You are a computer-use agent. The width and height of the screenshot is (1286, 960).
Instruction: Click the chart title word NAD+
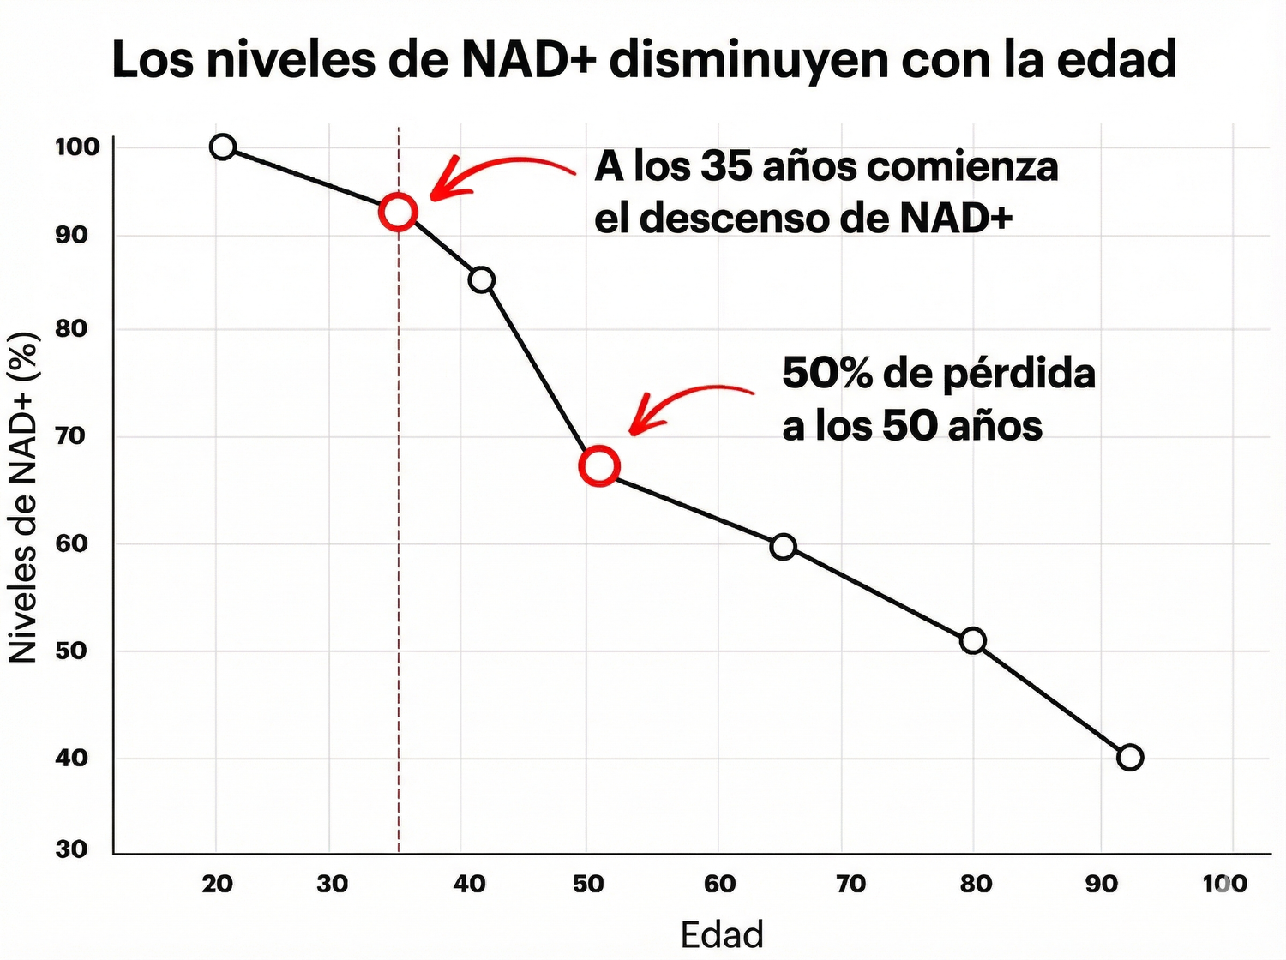(x=529, y=59)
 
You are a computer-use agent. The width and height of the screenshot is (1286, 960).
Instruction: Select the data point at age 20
(x=223, y=147)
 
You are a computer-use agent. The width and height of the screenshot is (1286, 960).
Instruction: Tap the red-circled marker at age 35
(x=398, y=211)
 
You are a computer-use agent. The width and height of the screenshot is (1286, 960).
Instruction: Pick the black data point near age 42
(x=482, y=279)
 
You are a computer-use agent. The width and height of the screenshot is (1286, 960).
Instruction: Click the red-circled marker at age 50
(x=598, y=466)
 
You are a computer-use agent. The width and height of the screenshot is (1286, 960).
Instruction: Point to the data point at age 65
(x=783, y=546)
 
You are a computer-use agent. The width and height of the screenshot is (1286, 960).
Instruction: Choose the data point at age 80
(x=973, y=640)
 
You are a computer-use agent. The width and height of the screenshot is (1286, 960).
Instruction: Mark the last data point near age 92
(x=1130, y=757)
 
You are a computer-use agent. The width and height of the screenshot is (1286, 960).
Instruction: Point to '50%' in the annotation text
(x=826, y=374)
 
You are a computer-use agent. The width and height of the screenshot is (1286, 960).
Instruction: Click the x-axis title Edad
(x=722, y=934)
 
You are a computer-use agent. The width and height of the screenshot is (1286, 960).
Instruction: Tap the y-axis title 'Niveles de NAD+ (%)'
(x=24, y=497)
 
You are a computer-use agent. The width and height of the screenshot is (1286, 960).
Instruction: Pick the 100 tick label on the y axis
(x=77, y=147)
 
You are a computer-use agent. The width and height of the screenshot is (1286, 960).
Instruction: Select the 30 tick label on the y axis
(x=72, y=849)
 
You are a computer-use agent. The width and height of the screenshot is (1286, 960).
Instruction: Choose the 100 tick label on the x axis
(x=1224, y=884)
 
